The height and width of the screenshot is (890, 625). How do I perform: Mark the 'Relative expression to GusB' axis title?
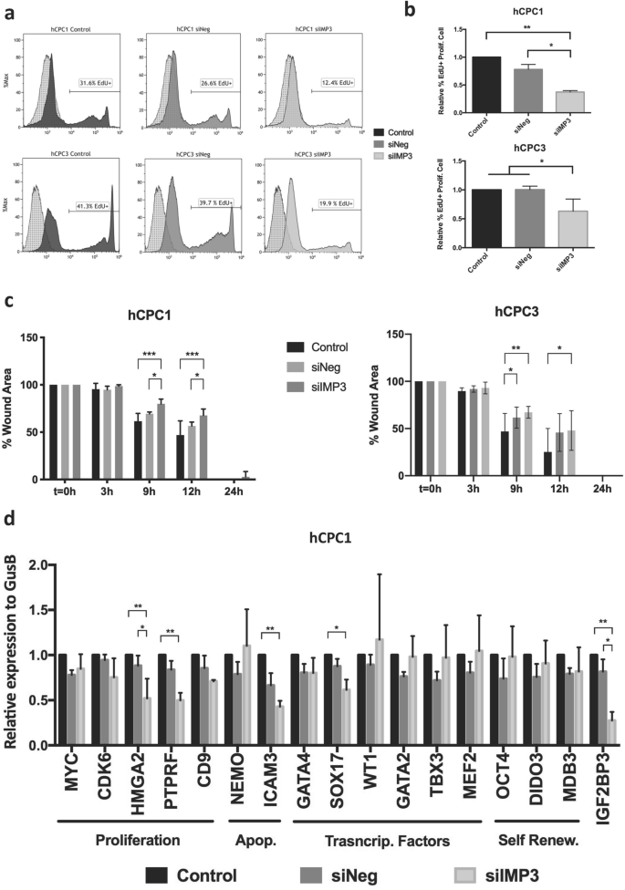point(13,654)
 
